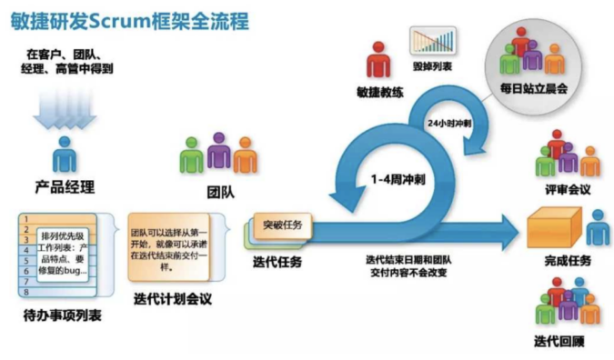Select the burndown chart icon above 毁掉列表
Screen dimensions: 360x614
coord(433,42)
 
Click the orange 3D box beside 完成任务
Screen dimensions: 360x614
coord(554,227)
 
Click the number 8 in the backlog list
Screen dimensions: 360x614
coord(26,292)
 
